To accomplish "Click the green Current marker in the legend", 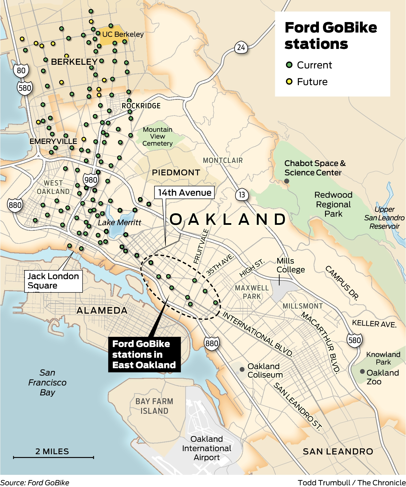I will click(x=289, y=65).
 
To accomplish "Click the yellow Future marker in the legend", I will click(x=289, y=82).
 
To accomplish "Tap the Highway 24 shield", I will click(x=241, y=47).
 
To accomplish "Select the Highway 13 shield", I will click(x=242, y=195).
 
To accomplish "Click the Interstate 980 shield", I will click(x=91, y=180).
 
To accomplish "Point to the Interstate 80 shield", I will click(x=21, y=70).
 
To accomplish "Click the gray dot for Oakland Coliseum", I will click(x=242, y=369).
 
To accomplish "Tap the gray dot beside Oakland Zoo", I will click(x=362, y=372).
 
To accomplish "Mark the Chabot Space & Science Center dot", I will click(x=287, y=181).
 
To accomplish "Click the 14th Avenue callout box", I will click(x=184, y=193).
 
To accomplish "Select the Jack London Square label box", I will click(x=53, y=281).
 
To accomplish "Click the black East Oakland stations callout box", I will click(x=144, y=354).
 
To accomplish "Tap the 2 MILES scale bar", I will click(x=53, y=457).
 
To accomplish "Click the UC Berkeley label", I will click(x=123, y=34).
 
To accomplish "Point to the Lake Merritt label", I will click(x=119, y=223).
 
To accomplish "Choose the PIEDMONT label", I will click(x=176, y=173).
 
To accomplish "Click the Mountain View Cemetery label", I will click(x=157, y=136).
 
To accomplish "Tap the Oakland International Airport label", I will click(x=207, y=448).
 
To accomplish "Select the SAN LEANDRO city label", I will click(x=338, y=451).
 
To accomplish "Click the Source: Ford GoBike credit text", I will click(x=35, y=482).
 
